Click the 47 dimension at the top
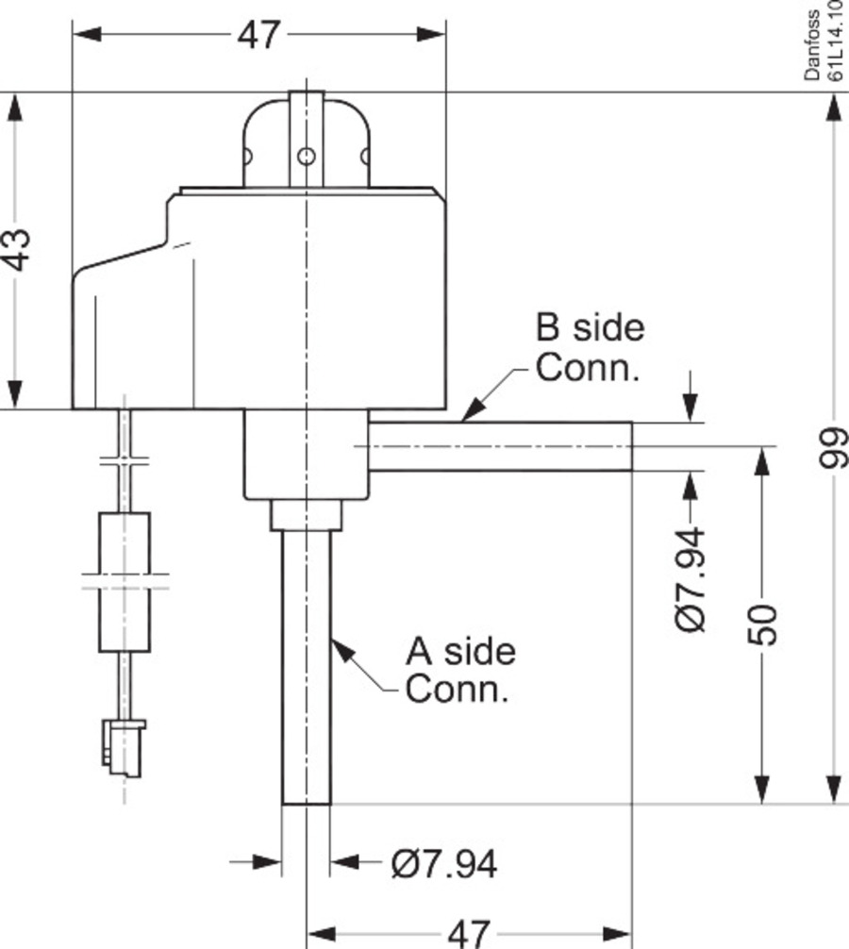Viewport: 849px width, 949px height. tap(258, 35)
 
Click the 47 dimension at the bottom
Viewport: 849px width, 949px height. tap(468, 933)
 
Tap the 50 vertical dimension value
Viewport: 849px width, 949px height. tap(766, 623)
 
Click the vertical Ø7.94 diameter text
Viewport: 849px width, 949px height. tap(691, 579)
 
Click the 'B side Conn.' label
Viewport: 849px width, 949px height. tap(591, 347)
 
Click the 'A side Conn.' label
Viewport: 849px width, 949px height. tap(460, 670)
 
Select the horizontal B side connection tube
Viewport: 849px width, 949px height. tap(500, 446)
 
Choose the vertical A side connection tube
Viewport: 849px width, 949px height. tap(307, 670)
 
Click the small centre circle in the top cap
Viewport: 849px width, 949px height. tap(305, 156)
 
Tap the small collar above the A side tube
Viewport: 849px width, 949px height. tap(305, 516)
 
